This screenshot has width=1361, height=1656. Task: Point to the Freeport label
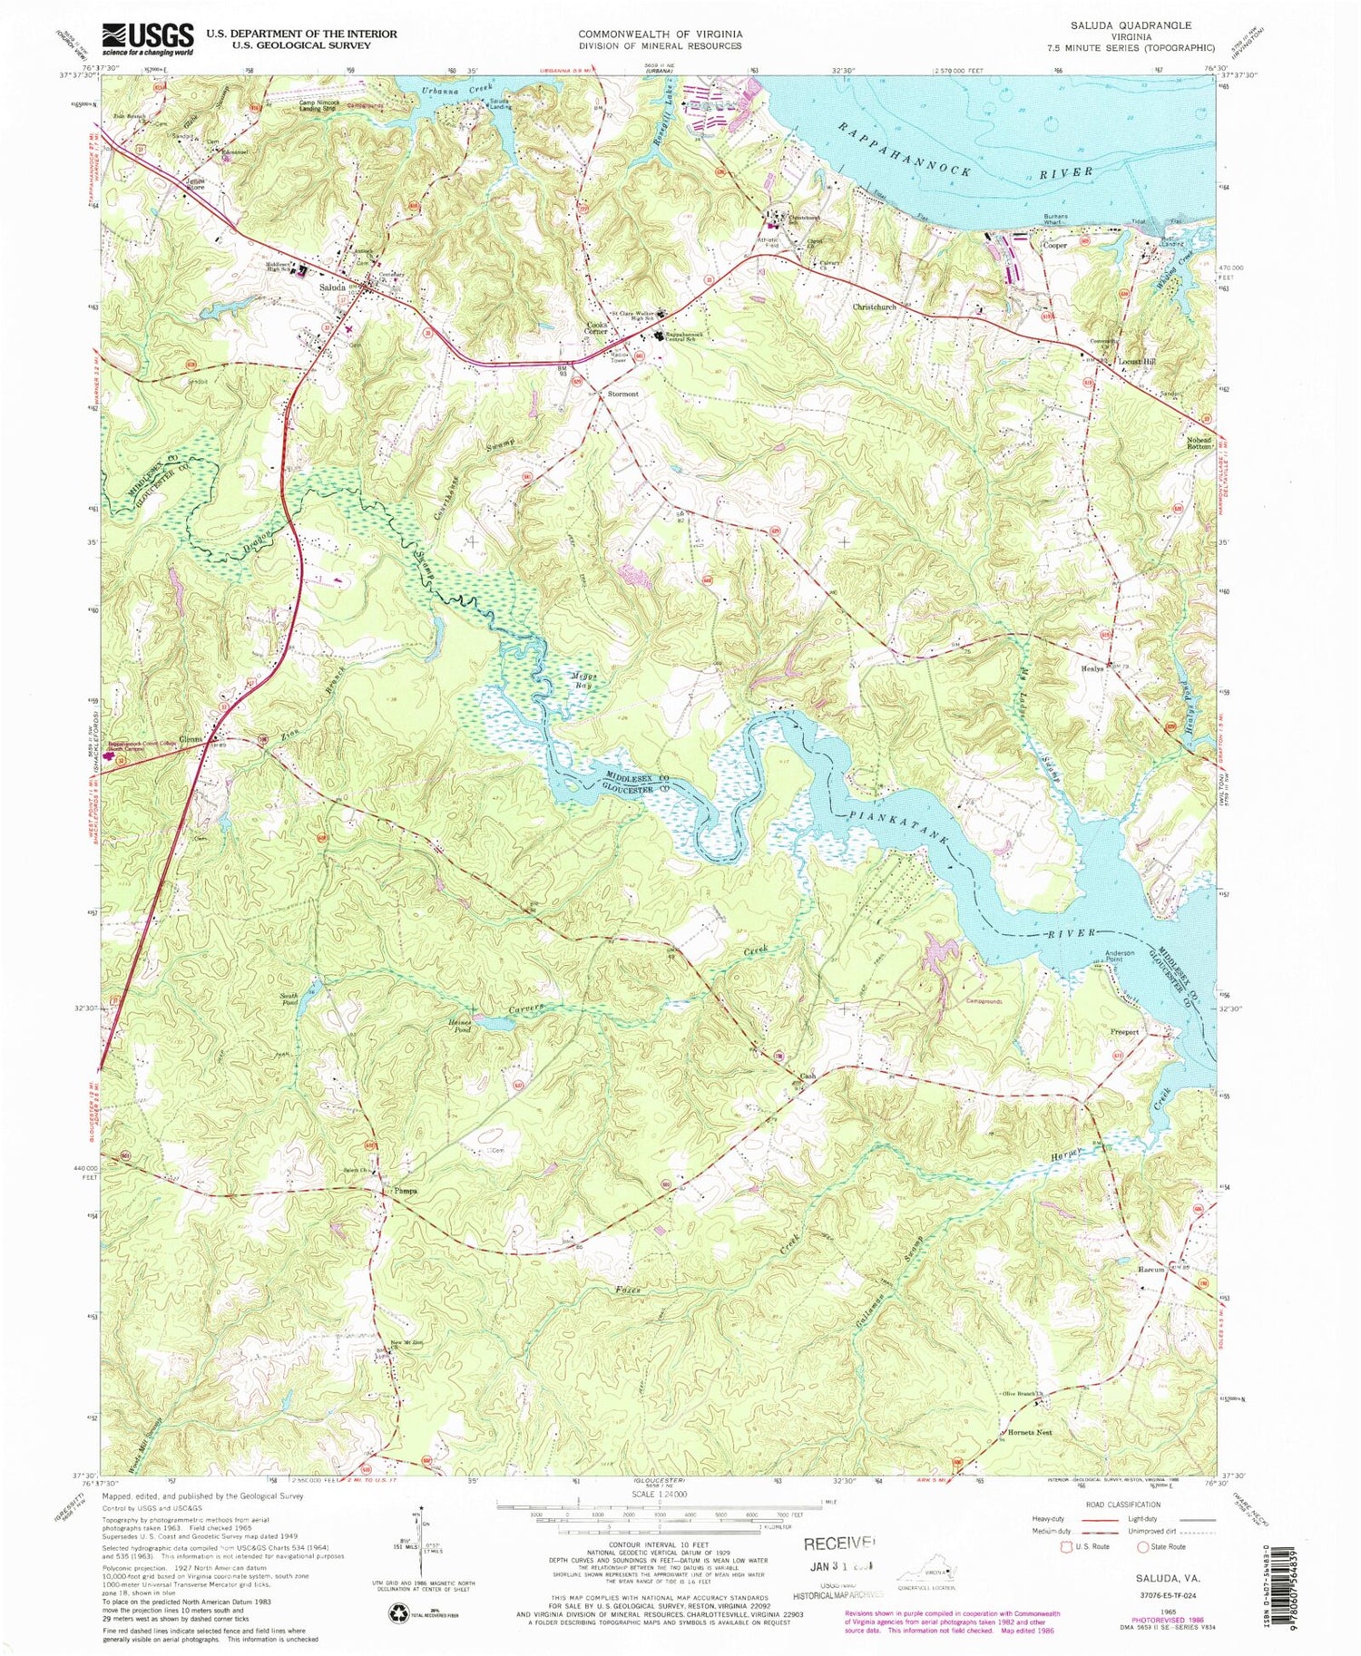click(x=1124, y=1032)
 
